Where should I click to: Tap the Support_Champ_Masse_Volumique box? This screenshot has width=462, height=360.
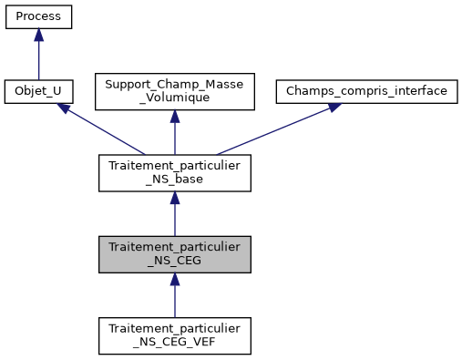(x=174, y=91)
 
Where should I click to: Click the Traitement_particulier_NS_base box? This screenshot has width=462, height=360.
(x=174, y=172)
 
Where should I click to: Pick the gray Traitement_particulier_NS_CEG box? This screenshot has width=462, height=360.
(x=174, y=254)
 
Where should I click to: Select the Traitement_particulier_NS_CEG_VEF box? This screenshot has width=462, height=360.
(x=174, y=335)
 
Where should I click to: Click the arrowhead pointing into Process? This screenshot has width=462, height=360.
(x=38, y=35)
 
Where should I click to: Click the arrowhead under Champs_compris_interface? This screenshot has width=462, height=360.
(x=334, y=107)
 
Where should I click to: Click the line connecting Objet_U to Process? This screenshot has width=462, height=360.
(x=38, y=59)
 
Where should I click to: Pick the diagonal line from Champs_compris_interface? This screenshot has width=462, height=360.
(x=273, y=129)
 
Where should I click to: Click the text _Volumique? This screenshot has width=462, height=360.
(x=174, y=98)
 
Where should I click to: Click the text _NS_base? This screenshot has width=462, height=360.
(x=174, y=180)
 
